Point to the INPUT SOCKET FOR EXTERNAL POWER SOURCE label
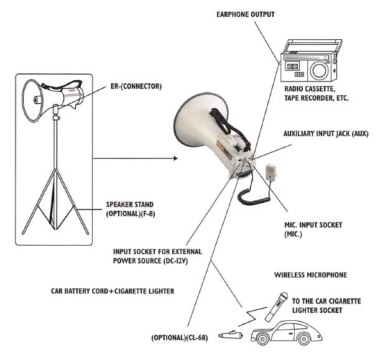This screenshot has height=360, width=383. click(x=160, y=257)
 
